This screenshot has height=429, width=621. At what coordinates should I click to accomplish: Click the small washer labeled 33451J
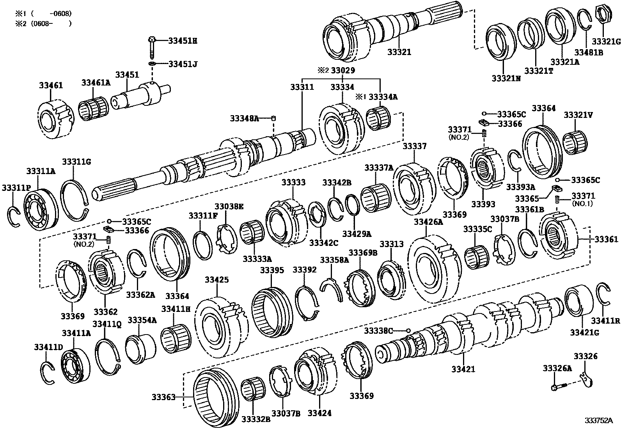pos(152,64)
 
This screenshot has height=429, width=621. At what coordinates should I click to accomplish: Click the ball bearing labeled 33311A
pos(40,208)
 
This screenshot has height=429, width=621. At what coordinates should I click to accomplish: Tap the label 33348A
pos(244,118)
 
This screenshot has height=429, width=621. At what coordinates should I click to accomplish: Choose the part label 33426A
pos(428,222)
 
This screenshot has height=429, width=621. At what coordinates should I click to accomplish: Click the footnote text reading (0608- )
pos(43,23)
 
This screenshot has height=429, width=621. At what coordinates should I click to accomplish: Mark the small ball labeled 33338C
pos(408,331)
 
